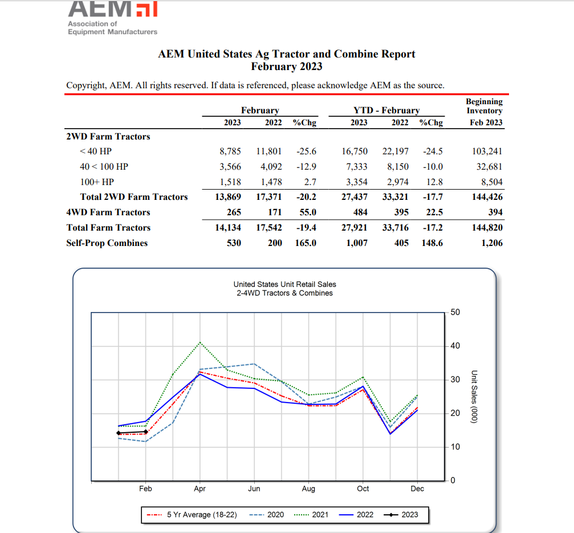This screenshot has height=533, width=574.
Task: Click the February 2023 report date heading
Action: [x=286, y=67]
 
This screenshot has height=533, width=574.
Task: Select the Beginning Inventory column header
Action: [x=485, y=112]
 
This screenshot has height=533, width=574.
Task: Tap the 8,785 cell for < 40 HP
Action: [x=230, y=151]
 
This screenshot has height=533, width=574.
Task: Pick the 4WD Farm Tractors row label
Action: [x=108, y=212]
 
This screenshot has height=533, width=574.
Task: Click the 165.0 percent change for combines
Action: [x=306, y=243]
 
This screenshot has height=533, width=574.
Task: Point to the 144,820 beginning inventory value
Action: [x=487, y=228]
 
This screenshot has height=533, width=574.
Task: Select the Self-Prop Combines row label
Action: [x=107, y=243]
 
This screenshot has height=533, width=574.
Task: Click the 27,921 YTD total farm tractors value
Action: [x=354, y=228]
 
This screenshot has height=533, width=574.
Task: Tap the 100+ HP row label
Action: [x=97, y=182]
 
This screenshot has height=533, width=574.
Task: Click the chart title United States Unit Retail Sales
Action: [x=284, y=284]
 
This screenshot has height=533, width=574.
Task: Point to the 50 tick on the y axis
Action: [x=455, y=313]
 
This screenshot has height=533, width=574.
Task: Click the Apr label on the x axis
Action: [x=200, y=489]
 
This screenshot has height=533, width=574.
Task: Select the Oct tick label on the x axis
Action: [x=363, y=489]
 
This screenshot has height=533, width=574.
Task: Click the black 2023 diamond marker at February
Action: [x=145, y=432]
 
